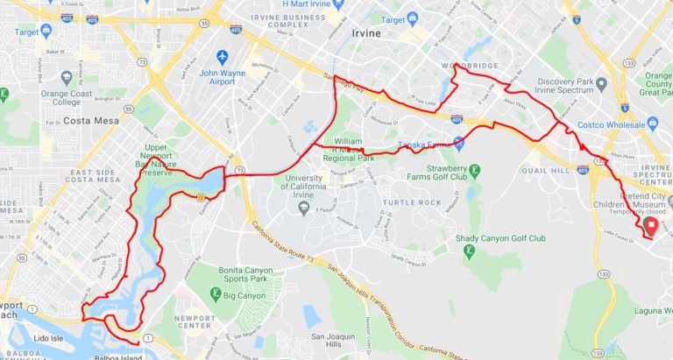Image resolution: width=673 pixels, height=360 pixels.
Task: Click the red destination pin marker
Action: click(x=650, y=226)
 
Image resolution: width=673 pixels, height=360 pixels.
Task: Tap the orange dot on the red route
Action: click(x=202, y=197)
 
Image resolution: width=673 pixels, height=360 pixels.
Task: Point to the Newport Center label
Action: click(x=195, y=316)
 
